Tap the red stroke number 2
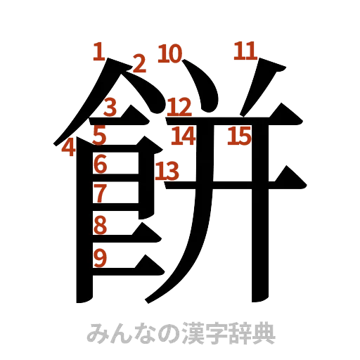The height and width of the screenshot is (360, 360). pos(139,64)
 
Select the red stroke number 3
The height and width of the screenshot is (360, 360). pos(110,108)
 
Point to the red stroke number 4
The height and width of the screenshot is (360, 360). pos(68,148)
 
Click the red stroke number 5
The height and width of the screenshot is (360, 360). pos(99,134)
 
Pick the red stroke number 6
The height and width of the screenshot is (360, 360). pos(100,165)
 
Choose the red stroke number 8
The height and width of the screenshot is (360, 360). pos(100,225)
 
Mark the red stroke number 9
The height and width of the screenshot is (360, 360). pos(100,258)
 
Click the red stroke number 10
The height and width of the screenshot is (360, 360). pos(170,53)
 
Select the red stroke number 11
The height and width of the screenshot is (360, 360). pos(245,51)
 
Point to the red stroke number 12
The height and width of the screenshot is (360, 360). pos(179,107)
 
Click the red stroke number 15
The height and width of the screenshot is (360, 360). pos(239,135)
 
